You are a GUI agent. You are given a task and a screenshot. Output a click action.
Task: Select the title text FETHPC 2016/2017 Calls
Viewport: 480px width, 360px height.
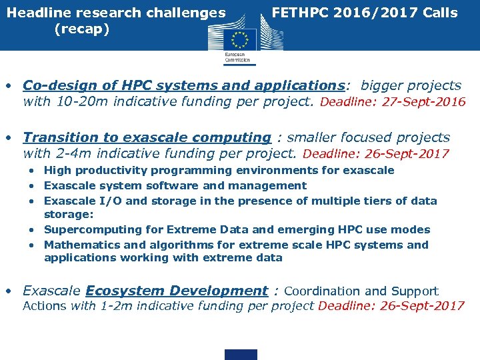pyautogui.click(x=365, y=13)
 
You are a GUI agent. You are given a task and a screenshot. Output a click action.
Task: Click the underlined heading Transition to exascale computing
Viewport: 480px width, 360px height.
pyautogui.click(x=147, y=137)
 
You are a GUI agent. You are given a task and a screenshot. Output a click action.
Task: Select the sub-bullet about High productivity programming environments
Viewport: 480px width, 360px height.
pyautogui.click(x=219, y=170)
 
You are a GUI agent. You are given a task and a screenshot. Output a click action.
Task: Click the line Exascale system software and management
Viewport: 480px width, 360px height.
pyautogui.click(x=175, y=185)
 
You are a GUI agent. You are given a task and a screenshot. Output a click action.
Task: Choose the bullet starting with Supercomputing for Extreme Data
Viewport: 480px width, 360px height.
pyautogui.click(x=237, y=229)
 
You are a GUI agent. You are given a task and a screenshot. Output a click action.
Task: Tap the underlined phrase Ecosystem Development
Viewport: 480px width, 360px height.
pyautogui.click(x=177, y=291)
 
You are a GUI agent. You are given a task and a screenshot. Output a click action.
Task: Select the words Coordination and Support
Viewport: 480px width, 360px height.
pyautogui.click(x=361, y=291)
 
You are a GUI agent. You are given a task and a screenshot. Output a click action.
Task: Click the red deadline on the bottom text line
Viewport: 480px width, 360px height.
pyautogui.click(x=391, y=306)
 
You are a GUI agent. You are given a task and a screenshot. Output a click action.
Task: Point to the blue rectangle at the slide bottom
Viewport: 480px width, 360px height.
pyautogui.click(x=241, y=354)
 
